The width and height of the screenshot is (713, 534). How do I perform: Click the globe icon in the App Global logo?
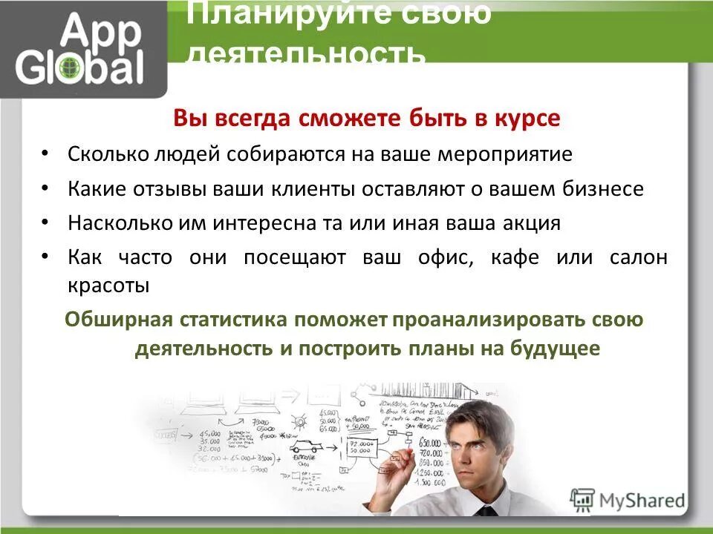(70, 67)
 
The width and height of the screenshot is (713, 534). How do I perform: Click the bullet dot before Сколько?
(46, 153)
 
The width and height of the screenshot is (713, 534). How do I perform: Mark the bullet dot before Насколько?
(46, 222)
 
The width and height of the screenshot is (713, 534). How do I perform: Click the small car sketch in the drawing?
(305, 447)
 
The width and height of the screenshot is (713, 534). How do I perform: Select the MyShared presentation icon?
(584, 498)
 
